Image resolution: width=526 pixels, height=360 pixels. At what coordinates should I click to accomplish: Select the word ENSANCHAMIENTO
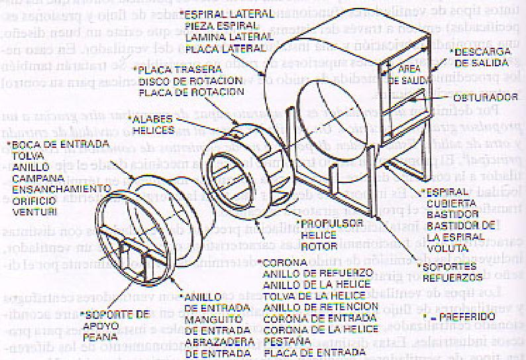point(49,188)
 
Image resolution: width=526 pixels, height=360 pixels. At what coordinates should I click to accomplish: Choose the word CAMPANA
point(31,178)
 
